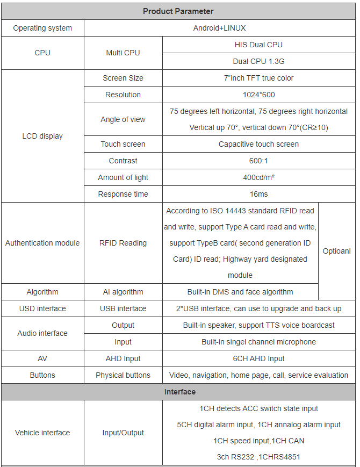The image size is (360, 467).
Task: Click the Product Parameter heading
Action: [x=178, y=11]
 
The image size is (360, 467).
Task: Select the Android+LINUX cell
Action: [x=219, y=28]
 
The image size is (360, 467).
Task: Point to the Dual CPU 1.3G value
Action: [x=258, y=61]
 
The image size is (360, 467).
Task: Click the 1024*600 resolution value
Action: [x=258, y=95]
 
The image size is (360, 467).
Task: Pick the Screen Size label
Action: [x=123, y=78]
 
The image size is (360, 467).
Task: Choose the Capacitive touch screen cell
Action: [x=258, y=144]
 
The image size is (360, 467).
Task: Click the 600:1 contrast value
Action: [x=258, y=161]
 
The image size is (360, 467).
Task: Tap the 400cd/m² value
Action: [x=258, y=177]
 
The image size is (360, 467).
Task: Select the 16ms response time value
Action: [x=258, y=194]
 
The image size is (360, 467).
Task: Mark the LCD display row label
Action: [x=42, y=136]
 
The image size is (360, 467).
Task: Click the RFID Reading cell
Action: [x=123, y=243]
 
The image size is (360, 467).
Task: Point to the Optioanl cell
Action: [x=336, y=251]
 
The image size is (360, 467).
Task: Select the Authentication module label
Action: [x=42, y=243]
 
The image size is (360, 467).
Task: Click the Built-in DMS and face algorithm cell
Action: [x=240, y=292]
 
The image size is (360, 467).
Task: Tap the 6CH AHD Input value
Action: [x=258, y=358]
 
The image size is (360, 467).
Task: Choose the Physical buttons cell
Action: [x=123, y=375]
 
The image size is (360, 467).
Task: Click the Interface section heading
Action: [x=179, y=392]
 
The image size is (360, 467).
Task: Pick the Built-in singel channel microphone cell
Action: [x=258, y=342]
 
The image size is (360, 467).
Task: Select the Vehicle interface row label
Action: [x=42, y=433]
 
